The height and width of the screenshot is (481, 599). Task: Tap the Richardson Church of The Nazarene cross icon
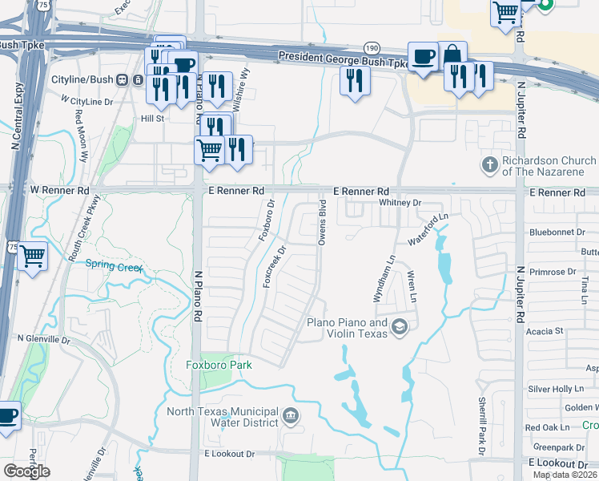489,165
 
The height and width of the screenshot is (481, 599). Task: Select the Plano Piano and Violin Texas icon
400,325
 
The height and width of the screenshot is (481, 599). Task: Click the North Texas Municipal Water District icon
291,414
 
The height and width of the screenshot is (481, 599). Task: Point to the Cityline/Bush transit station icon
123,80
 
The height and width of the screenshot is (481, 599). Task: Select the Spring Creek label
114,265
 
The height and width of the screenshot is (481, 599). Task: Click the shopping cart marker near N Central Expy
33,257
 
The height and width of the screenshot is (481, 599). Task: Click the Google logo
26,471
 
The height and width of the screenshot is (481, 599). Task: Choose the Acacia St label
548,330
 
